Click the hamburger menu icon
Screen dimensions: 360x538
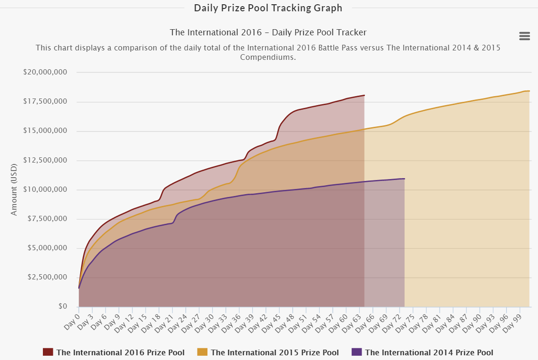tap(524, 36)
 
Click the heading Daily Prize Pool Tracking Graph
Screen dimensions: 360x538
tap(268, 8)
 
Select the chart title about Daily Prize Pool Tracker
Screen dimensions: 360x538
tap(268, 33)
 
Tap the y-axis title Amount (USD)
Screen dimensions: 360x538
tap(14, 189)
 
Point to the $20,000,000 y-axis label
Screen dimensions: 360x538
tap(45, 72)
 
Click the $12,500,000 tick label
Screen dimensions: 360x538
tap(45, 160)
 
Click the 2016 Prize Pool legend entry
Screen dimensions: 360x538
tap(120, 352)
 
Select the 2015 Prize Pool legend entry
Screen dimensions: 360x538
tap(274, 352)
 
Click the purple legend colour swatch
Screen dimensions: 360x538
tap(356, 352)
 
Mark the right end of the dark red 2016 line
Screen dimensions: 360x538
tap(364, 95)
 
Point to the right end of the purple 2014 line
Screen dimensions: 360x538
tap(405, 179)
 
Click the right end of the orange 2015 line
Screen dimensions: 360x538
tap(530, 91)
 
